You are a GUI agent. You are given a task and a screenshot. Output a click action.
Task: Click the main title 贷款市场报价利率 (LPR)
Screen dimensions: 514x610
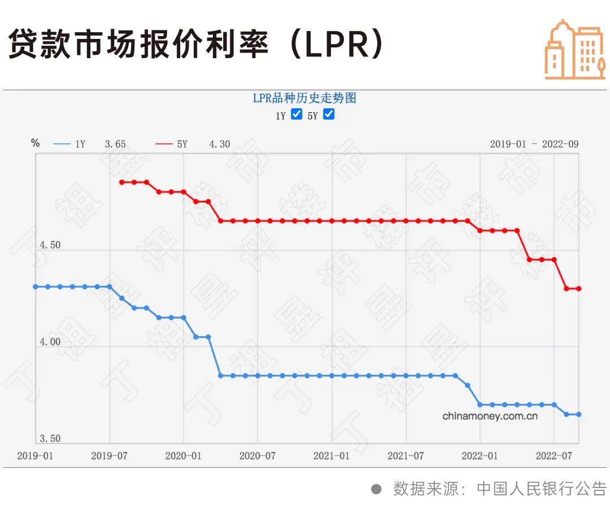195,45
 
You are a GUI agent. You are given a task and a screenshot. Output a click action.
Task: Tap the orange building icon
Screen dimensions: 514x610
574,50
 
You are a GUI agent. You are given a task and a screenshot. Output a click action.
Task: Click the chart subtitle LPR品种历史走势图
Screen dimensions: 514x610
304,98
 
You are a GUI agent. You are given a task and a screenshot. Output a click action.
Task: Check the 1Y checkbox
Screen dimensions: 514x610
297,115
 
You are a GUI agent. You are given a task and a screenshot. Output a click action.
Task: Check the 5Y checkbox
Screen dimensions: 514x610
329,115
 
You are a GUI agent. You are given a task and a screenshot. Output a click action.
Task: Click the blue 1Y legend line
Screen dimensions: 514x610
62,144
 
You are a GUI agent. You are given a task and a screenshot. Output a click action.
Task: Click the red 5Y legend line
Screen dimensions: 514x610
164,144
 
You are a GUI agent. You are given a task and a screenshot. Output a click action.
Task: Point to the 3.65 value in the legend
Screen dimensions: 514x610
115,144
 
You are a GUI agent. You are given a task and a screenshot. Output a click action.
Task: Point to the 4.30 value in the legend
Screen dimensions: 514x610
219,144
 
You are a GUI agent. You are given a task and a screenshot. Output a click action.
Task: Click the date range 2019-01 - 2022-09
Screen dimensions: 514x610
534,144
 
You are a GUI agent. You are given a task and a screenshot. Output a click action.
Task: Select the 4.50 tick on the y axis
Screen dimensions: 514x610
49,245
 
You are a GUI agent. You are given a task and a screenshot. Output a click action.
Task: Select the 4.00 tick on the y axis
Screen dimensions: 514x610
49,342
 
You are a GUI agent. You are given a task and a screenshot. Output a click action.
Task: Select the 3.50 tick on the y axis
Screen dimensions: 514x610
49,438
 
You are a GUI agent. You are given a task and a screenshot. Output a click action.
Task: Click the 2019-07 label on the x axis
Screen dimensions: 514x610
109,456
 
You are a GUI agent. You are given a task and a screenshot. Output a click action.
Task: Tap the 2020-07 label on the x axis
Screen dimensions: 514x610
257,456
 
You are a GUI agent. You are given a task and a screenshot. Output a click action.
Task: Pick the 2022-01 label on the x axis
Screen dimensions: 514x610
480,456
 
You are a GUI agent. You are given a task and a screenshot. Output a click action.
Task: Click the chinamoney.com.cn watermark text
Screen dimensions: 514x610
490,416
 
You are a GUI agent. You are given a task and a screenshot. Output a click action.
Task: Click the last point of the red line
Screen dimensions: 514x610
579,289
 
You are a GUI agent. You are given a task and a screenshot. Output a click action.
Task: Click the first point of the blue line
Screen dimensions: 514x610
35,287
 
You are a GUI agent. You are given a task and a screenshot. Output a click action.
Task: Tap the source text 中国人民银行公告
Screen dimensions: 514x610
541,488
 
